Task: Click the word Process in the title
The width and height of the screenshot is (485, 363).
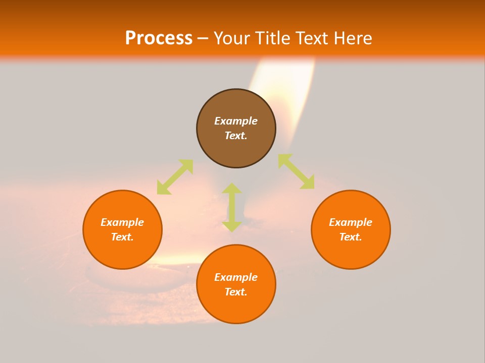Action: (159, 38)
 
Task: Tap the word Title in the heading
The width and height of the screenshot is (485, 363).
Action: (276, 38)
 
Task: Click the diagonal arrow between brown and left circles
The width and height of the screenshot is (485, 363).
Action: (175, 176)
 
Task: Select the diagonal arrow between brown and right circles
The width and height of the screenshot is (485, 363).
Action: (297, 172)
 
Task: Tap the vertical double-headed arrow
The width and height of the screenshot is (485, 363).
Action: (232, 207)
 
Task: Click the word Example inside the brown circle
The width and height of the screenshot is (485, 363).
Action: (236, 121)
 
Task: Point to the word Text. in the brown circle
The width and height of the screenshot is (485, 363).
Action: (236, 136)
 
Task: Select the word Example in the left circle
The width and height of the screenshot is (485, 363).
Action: (122, 222)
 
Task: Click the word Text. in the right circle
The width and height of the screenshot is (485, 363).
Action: (351, 237)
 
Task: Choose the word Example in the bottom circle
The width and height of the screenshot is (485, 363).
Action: (236, 277)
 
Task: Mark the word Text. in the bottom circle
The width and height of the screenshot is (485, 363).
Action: (236, 292)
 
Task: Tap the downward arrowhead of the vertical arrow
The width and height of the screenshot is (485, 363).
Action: (232, 225)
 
